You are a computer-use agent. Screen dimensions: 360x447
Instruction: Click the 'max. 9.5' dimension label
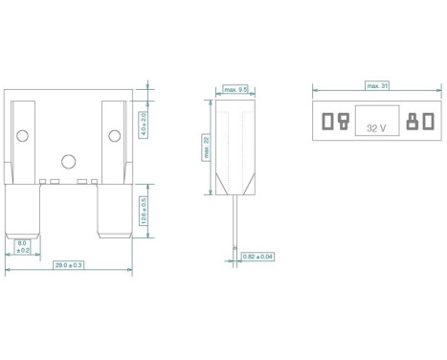pyautogui.click(x=235, y=88)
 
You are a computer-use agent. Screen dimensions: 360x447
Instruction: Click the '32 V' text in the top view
pyautogui.click(x=375, y=125)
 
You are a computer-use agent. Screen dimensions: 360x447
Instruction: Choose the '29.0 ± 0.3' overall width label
pyautogui.click(x=70, y=263)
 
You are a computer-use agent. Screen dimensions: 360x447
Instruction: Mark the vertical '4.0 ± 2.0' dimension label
pyautogui.click(x=143, y=124)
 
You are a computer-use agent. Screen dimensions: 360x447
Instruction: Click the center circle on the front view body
pyautogui.click(x=68, y=162)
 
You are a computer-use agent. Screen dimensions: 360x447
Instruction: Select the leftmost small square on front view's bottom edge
pyautogui.click(x=43, y=181)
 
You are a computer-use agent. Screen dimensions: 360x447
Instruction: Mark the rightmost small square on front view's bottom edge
pyautogui.click(x=95, y=181)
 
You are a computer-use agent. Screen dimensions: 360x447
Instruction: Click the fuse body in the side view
pyautogui.click(x=235, y=144)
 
